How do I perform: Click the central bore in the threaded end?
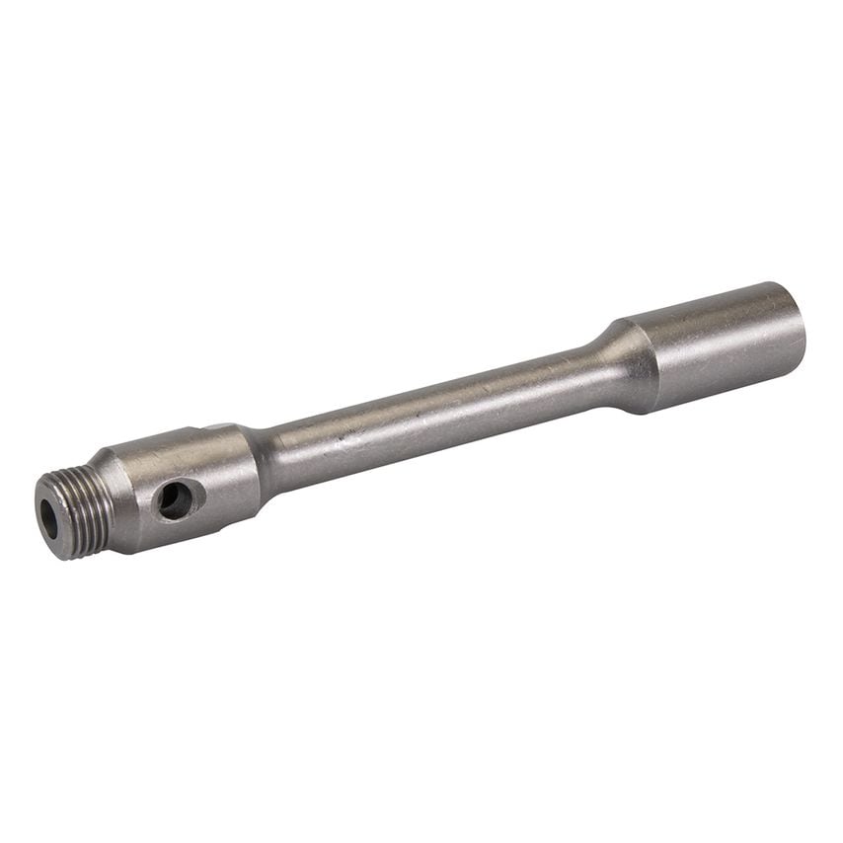click(48, 519)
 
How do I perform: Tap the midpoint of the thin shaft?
click(434, 404)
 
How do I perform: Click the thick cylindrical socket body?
click(721, 341)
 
